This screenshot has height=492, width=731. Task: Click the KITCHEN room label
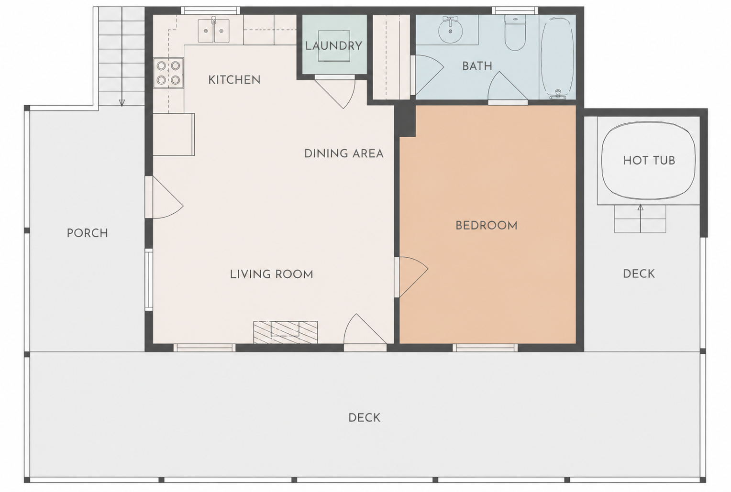coord(234,80)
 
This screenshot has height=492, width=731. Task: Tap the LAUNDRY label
coord(333,46)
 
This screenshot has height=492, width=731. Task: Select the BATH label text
coord(477,66)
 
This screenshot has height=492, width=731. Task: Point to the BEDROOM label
coord(486,226)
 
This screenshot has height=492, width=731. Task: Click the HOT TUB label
coord(649,160)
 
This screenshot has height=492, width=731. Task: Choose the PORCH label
coord(87,233)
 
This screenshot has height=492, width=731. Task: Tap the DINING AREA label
coord(343,153)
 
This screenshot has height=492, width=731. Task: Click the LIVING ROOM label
coord(272,274)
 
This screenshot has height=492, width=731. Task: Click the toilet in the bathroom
coord(515,33)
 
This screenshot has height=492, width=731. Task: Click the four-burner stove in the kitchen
coord(168,73)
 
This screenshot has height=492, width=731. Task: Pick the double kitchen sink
coord(214,31)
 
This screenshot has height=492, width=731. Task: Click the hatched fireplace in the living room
coord(286,332)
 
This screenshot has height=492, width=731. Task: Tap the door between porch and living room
coord(168,197)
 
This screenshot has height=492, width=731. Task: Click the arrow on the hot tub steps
coord(640,218)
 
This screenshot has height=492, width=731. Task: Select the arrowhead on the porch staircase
coord(122,103)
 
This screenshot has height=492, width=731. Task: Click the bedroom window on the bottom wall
coord(485,348)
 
